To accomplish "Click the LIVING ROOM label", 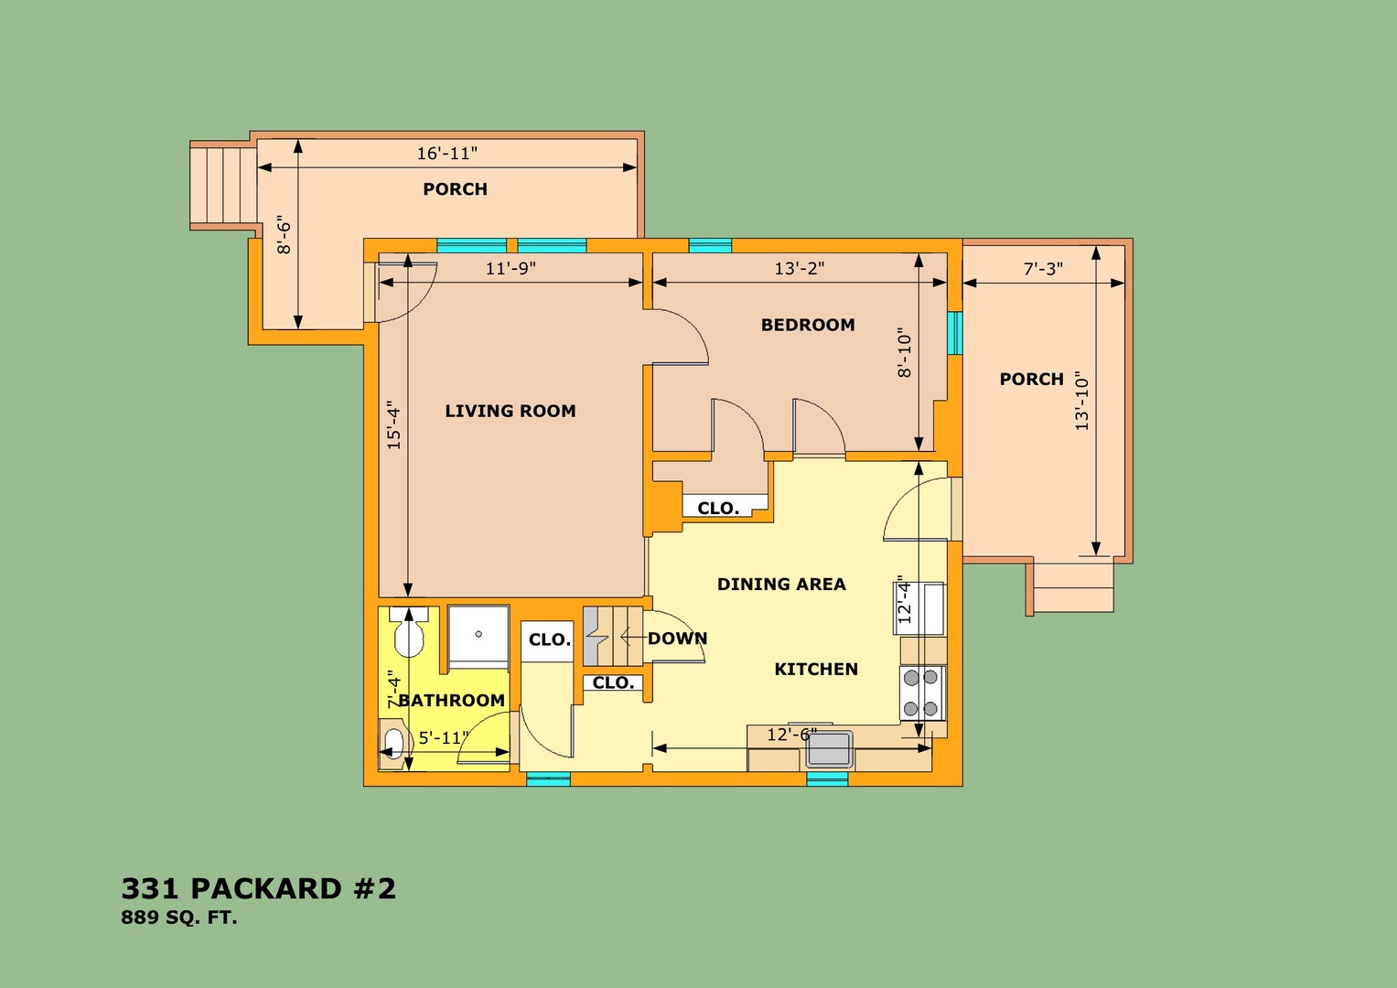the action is point(510,411).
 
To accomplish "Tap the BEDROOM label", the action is point(808,325).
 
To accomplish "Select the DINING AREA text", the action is point(781,585).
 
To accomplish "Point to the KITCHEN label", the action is point(816,670).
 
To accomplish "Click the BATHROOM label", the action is point(452,701).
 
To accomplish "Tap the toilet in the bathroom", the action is point(409,633).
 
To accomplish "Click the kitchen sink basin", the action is point(829,749).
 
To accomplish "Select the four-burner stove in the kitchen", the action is point(922,693).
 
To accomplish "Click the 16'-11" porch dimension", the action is point(447,154).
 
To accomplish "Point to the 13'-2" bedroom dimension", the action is point(800,269).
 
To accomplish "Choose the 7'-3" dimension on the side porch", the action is point(1043,269).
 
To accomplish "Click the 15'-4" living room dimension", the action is point(393,424).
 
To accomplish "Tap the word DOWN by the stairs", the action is point(677,639).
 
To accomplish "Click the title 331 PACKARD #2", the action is point(259,889).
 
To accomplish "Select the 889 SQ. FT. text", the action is point(179,918).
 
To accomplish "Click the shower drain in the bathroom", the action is point(478,634).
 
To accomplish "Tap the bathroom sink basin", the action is point(393,743).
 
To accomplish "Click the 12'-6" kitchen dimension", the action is point(791,735).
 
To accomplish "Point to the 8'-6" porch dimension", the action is point(284,235).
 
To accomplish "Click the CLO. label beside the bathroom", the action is point(550,640).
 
